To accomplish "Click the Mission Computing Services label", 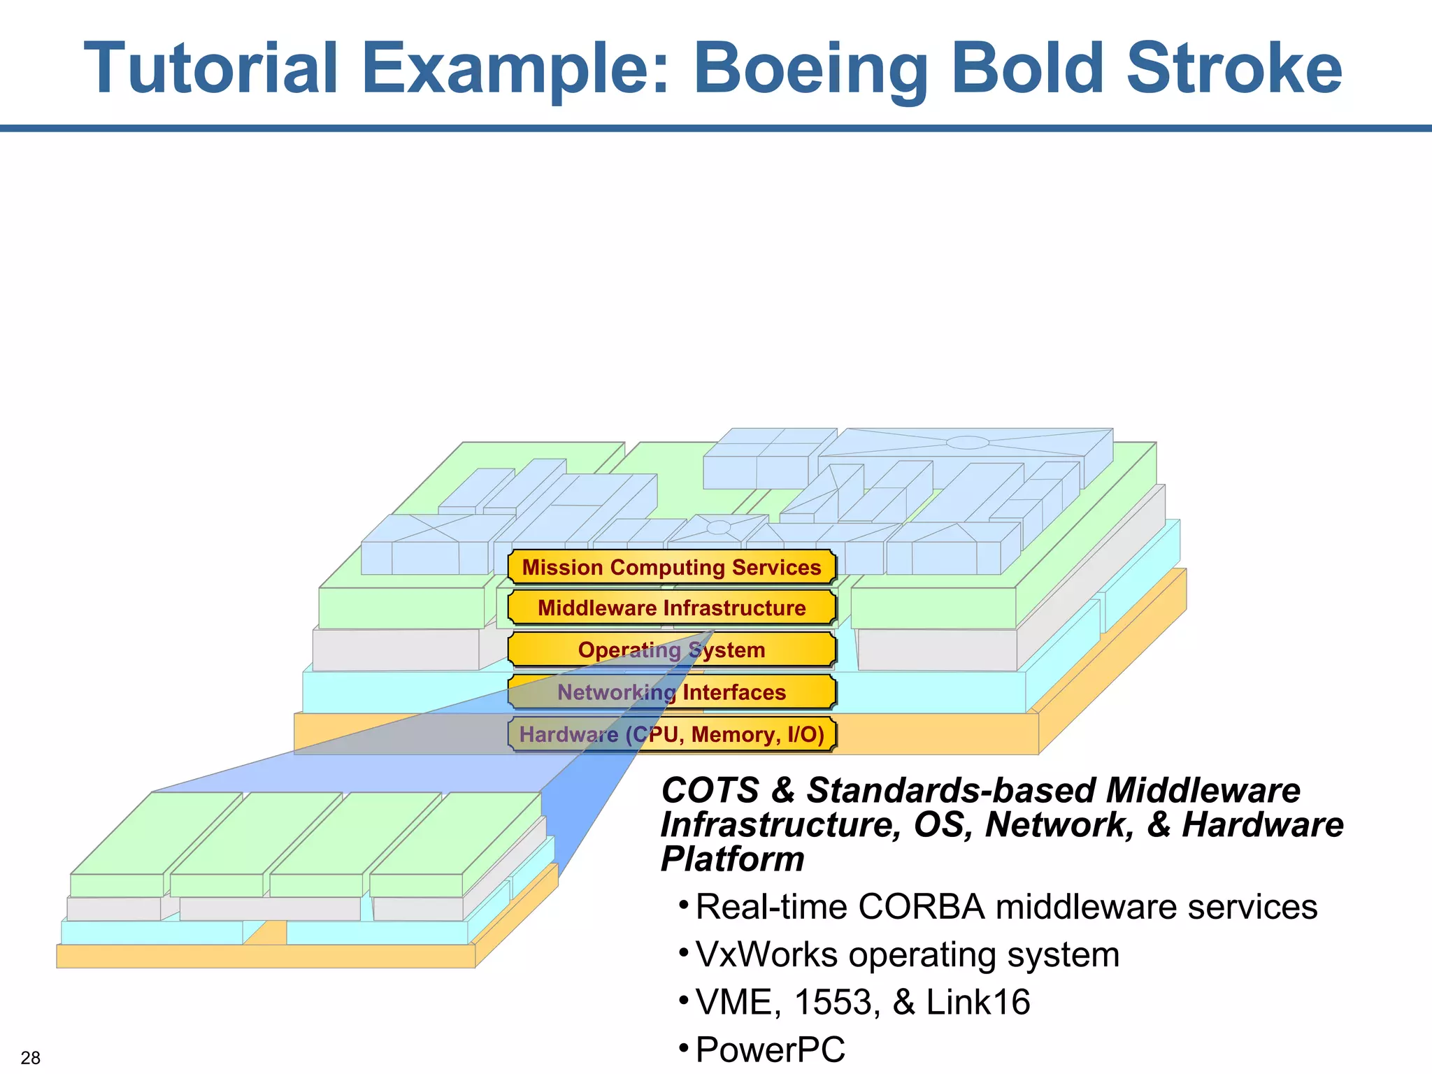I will [671, 567].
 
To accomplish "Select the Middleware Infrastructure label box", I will [671, 608].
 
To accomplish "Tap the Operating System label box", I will [671, 650].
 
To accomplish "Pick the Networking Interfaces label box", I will [671, 692].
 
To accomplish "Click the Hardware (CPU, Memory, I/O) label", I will [671, 734].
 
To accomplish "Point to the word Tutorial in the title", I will [210, 69].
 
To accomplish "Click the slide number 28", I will [31, 1057].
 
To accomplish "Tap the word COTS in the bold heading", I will [710, 791].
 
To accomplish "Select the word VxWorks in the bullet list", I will [766, 954].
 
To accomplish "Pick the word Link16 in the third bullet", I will [978, 1002].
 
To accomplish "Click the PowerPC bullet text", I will [770, 1050].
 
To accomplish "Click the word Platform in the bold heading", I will [732, 859].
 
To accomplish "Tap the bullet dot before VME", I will [684, 1001].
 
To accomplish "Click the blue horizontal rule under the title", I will [716, 129].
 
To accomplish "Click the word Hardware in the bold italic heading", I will [1262, 825].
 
